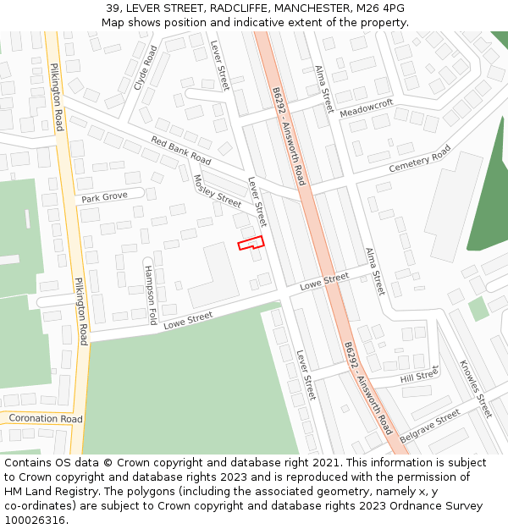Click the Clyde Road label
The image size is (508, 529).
tap(146, 68)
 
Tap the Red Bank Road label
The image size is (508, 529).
tap(181, 150)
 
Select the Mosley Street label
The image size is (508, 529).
tap(218, 191)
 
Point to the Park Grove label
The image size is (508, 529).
tap(104, 197)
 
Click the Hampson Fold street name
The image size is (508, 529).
tap(151, 295)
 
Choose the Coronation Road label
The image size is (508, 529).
tap(45, 419)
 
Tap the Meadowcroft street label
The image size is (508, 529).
tap(367, 108)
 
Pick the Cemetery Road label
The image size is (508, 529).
tap(420, 159)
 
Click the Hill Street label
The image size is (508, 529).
tap(419, 375)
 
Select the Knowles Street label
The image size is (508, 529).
tap(475, 388)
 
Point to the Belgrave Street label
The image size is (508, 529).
tap(430, 426)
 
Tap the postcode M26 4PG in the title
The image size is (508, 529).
tap(382, 8)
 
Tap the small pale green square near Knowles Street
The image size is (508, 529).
tap(479, 308)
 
